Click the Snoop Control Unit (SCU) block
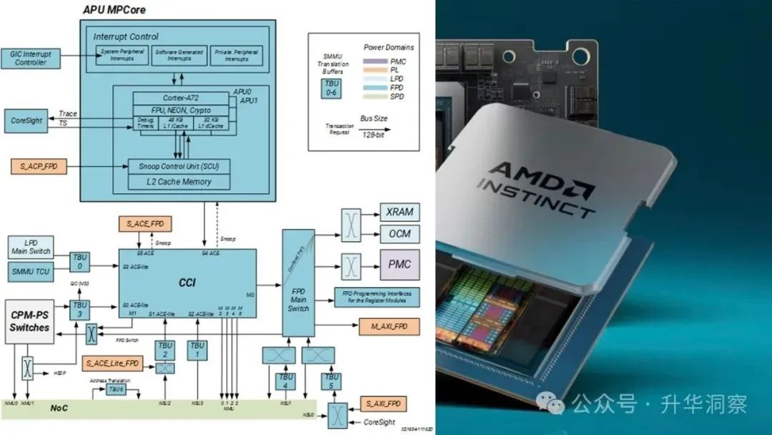tap(179, 166)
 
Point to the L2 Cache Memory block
tap(179, 182)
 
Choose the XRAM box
tap(400, 212)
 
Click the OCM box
tap(400, 234)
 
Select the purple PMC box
tap(399, 264)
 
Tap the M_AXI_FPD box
tap(389, 327)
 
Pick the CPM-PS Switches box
tap(29, 321)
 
